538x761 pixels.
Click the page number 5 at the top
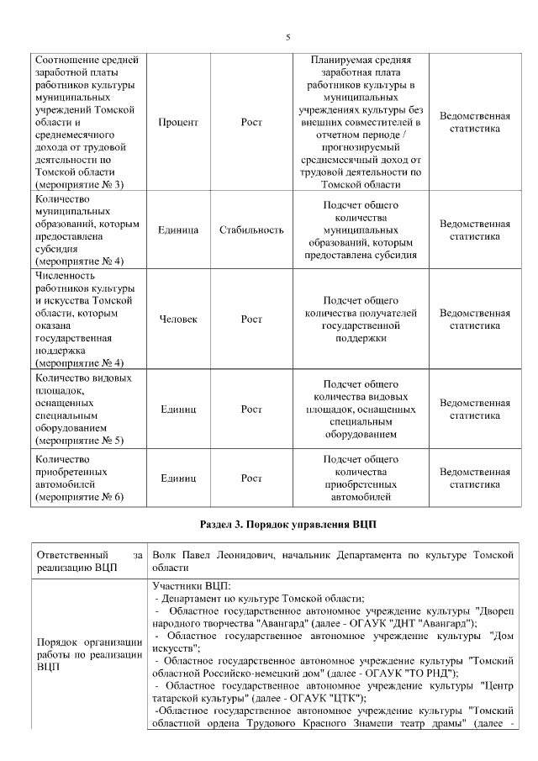[x=288, y=38]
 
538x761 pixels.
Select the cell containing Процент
[x=177, y=123]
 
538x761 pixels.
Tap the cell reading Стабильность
[x=251, y=230]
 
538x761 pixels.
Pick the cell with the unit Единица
[x=177, y=230]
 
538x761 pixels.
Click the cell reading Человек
[x=177, y=320]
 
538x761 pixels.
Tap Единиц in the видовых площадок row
[x=177, y=410]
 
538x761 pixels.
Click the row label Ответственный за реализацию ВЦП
[x=87, y=561]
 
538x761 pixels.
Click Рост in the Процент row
[x=251, y=123]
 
